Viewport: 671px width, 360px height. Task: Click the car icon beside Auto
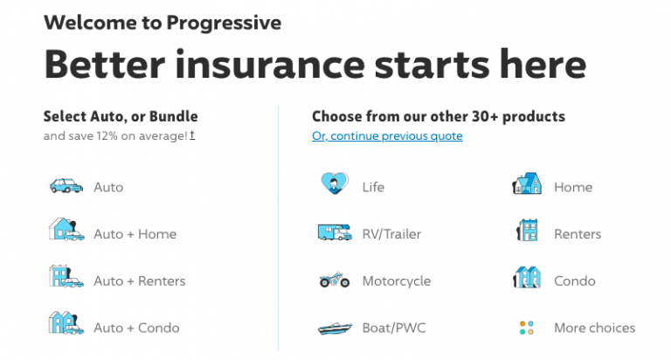tap(66, 186)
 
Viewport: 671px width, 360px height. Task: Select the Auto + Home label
tap(135, 234)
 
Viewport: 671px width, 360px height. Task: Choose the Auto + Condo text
tap(136, 328)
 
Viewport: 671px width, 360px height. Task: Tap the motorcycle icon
tap(334, 280)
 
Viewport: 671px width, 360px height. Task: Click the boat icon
tap(334, 329)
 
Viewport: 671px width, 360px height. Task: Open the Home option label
tap(572, 187)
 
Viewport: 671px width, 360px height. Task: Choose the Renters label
tap(578, 234)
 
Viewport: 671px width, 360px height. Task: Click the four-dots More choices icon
tap(526, 328)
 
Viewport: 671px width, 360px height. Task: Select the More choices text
tap(594, 328)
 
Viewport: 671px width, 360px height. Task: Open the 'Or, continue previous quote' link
tap(387, 136)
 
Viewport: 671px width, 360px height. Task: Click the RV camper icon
tap(334, 233)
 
